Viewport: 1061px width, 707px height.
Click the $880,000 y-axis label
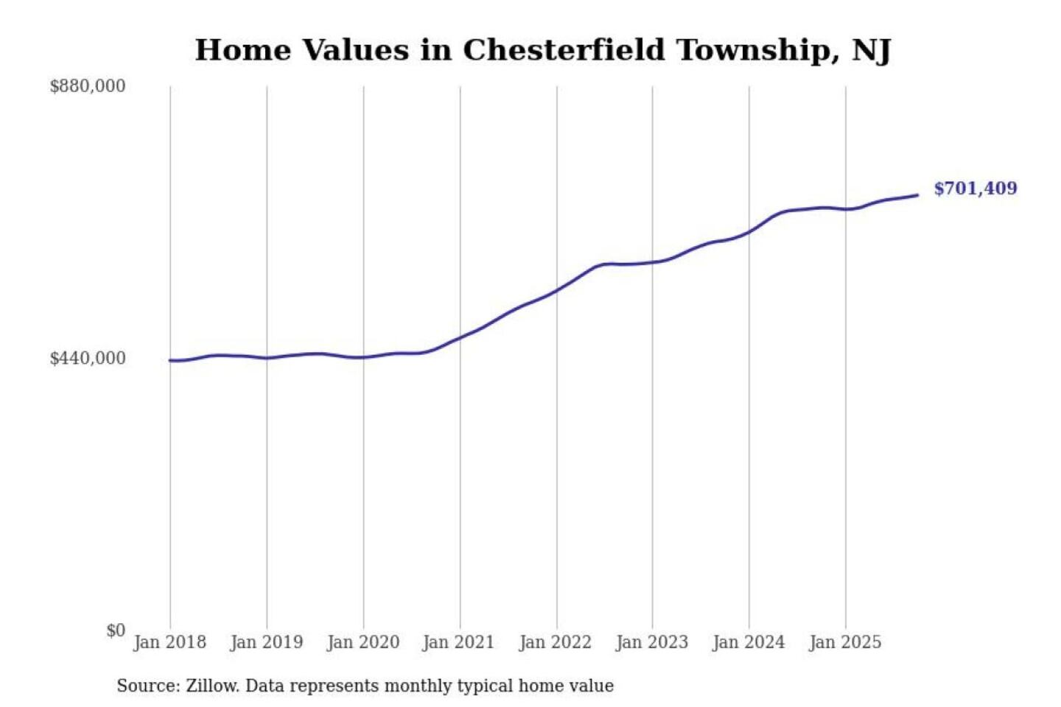87,86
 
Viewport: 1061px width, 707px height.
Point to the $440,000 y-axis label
87,359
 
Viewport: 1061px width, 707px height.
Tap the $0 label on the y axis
116,630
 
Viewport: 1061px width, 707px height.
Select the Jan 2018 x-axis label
169,642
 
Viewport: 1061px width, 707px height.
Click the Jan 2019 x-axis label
266,642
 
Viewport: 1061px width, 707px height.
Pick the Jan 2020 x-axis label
363,642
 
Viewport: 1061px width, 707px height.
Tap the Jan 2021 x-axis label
458,642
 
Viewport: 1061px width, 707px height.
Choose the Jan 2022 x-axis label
555,642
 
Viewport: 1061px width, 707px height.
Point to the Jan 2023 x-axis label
651,642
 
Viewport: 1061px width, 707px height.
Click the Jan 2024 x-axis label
748,642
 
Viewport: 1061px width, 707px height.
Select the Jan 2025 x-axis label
844,642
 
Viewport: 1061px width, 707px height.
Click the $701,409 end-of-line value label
975,189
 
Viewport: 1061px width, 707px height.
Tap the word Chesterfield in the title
564,50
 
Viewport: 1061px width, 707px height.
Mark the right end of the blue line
917,195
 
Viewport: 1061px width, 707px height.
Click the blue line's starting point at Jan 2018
170,360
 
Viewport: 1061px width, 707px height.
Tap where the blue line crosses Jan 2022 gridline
557,289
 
